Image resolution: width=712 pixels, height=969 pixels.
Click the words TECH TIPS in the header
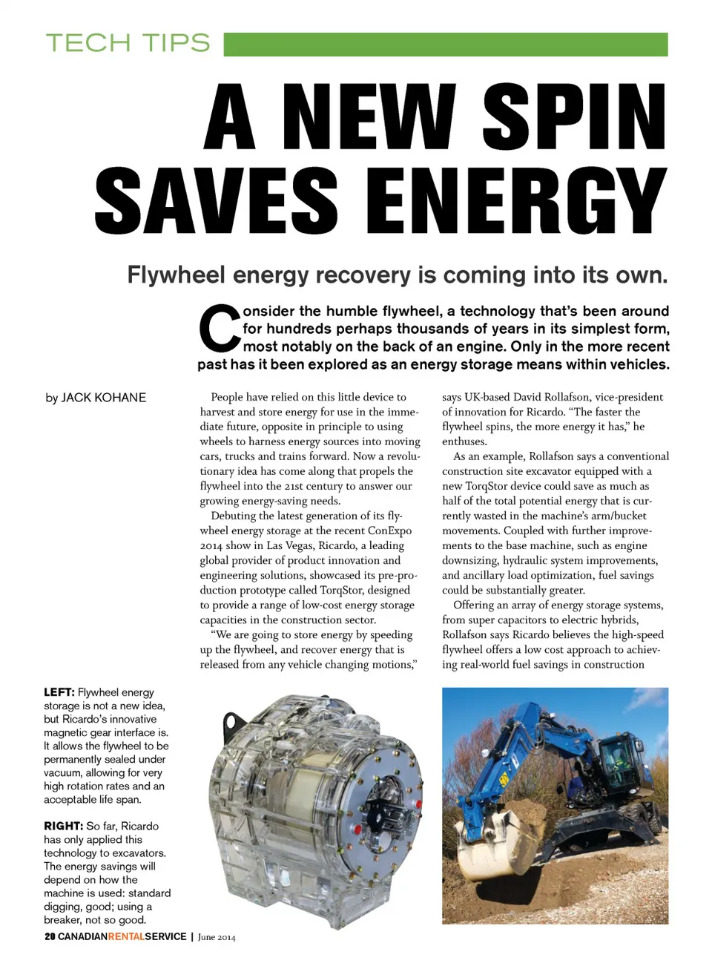(x=128, y=43)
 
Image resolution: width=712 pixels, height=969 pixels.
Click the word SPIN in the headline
(x=574, y=117)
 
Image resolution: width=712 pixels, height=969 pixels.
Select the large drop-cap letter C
(x=219, y=329)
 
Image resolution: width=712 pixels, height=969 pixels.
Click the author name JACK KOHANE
(x=103, y=398)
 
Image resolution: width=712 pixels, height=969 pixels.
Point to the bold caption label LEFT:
(x=59, y=692)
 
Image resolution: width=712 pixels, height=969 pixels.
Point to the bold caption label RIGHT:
(x=63, y=826)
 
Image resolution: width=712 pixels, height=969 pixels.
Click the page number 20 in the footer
(x=50, y=936)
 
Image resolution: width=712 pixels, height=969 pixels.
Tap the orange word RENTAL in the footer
(x=126, y=936)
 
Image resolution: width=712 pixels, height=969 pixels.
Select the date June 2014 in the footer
(x=217, y=937)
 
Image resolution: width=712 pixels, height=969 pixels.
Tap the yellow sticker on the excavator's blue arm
(x=504, y=780)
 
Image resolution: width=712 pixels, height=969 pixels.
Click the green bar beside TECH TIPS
(x=445, y=44)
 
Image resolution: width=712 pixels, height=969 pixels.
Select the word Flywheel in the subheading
(x=176, y=275)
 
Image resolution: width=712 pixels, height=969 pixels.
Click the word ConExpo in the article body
(x=389, y=531)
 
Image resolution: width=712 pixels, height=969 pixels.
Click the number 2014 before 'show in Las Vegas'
(x=211, y=545)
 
